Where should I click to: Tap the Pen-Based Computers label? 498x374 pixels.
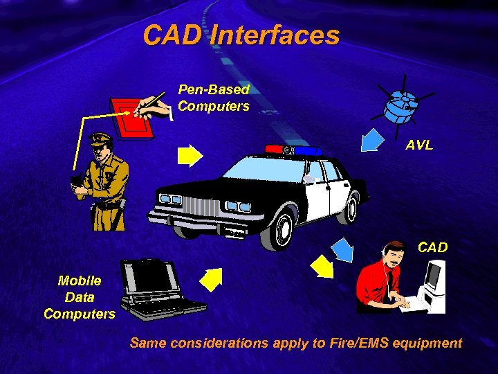pyautogui.click(x=213, y=98)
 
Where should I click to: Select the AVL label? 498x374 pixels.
pyautogui.click(x=419, y=145)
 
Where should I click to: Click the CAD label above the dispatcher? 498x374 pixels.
pyautogui.click(x=432, y=247)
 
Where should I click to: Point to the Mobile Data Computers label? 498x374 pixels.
pyautogui.click(x=79, y=297)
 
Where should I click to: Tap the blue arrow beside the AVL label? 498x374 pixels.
pyautogui.click(x=372, y=139)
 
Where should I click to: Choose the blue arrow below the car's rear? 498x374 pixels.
pyautogui.click(x=340, y=247)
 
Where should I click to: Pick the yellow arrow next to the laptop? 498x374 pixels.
pyautogui.click(x=211, y=279)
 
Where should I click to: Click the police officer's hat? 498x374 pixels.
pyautogui.click(x=101, y=138)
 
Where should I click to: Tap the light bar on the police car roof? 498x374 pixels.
pyautogui.click(x=293, y=150)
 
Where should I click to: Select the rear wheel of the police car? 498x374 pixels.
pyautogui.click(x=352, y=208)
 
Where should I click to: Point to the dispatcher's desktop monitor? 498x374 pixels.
pyautogui.click(x=434, y=277)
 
